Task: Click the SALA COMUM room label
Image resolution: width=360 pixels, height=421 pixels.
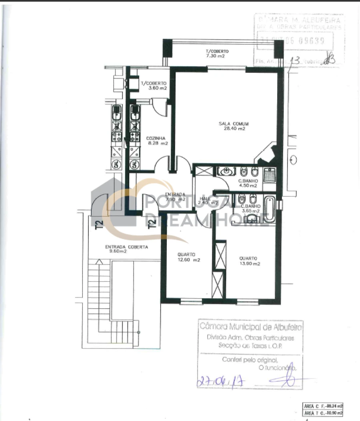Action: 232,126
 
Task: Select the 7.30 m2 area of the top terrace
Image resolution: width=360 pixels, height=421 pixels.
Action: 215,56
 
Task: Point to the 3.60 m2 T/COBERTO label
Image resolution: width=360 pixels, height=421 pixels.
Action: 153,86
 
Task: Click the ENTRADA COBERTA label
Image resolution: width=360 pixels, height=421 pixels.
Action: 121,249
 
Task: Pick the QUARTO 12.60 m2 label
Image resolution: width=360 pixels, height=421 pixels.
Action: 186,257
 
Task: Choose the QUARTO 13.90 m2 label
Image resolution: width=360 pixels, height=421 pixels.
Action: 249,261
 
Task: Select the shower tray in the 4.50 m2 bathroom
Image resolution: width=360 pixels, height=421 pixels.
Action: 269,174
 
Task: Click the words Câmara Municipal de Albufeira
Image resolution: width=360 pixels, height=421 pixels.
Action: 251,327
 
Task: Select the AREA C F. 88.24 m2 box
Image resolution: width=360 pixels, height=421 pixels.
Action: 323,405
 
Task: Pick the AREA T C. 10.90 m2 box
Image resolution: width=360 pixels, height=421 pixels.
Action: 323,413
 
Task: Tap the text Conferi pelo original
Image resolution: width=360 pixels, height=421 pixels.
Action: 249,359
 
